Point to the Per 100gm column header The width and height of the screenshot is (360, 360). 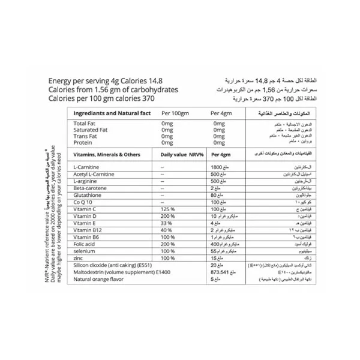coord(175,113)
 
